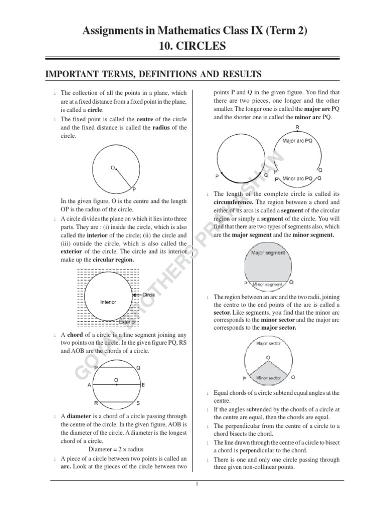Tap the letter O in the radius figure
[x=113, y=168]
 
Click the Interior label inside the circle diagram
[x=108, y=302]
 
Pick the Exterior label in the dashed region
[x=127, y=322]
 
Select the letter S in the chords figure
[x=138, y=403]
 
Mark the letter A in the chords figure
[x=89, y=385]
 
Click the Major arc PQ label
[x=297, y=141]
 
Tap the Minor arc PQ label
[x=298, y=178]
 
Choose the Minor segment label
[x=267, y=284]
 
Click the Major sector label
[x=268, y=344]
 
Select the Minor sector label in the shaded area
[x=268, y=378]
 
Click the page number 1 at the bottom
[x=198, y=484]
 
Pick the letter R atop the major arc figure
[x=297, y=127]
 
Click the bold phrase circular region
[x=117, y=260]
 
